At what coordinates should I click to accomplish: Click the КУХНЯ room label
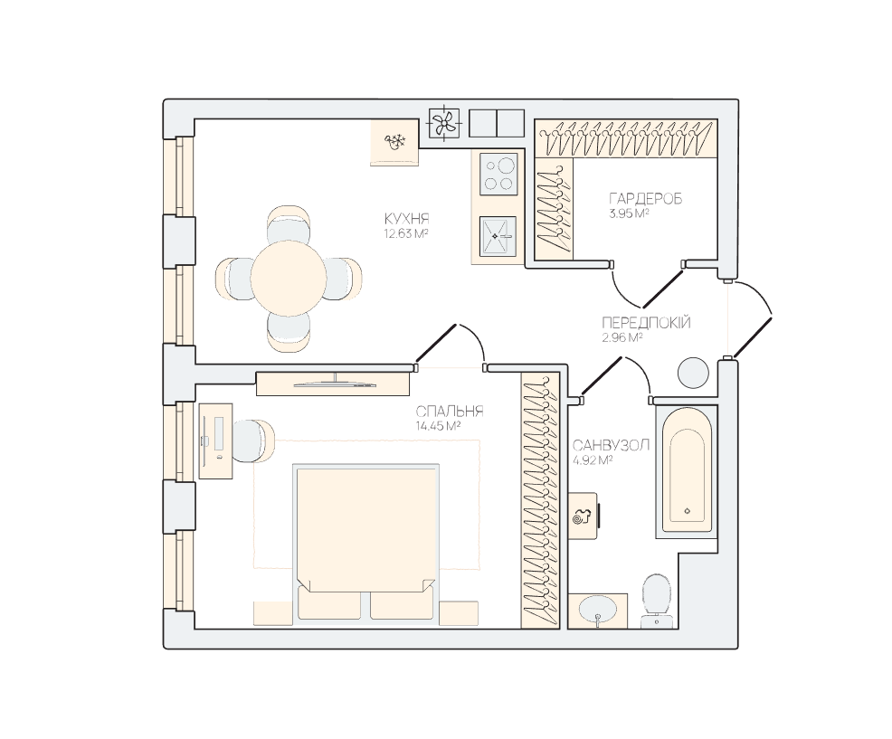tap(407, 219)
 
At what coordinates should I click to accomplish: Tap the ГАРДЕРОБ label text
tap(645, 199)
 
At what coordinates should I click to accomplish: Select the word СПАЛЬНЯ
tap(450, 412)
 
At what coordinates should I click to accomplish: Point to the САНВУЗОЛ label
tap(611, 445)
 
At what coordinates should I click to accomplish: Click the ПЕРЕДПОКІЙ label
tap(646, 323)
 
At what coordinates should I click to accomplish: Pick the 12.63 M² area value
tap(406, 233)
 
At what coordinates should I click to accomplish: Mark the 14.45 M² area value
tap(438, 425)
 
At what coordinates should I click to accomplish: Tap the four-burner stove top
tap(498, 174)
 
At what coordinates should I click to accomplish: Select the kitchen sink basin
tap(498, 236)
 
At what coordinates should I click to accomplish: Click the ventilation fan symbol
tap(443, 122)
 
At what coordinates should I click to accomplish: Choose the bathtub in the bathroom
tap(687, 471)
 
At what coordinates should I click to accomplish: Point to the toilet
tap(659, 601)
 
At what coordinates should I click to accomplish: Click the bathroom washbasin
tap(597, 611)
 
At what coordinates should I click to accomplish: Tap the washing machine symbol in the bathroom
tap(584, 516)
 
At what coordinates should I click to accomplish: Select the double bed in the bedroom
tap(365, 544)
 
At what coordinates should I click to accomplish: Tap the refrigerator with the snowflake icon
tap(394, 142)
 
